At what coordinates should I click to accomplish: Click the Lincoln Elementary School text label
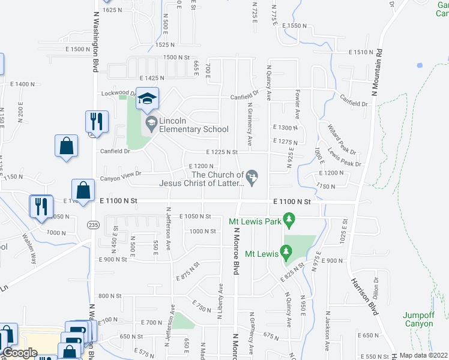(x=193, y=129)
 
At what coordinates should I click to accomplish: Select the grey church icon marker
(x=253, y=176)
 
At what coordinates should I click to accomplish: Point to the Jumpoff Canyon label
(x=418, y=319)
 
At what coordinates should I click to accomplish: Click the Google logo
(x=20, y=353)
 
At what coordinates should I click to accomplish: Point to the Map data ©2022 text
(x=424, y=355)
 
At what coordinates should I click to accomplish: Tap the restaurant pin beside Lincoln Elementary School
(x=96, y=122)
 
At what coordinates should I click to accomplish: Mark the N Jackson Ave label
(x=328, y=330)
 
